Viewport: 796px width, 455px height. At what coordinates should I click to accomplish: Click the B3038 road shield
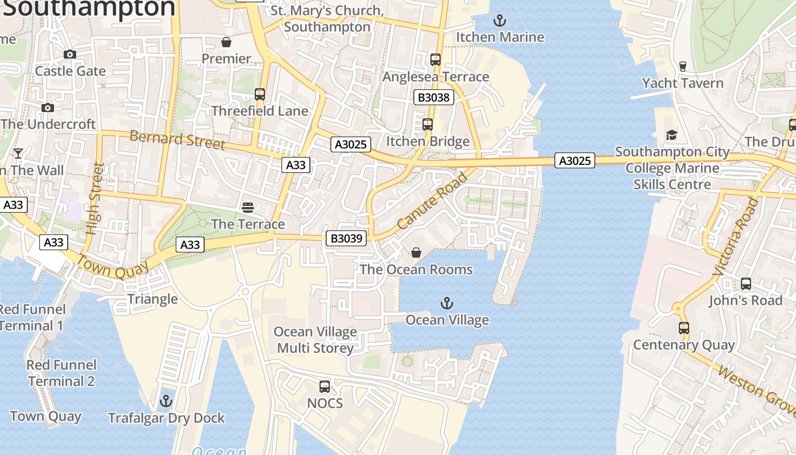click(x=433, y=97)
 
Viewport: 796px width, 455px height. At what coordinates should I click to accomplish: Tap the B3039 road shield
click(x=346, y=238)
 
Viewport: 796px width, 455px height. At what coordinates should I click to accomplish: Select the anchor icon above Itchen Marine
click(x=499, y=21)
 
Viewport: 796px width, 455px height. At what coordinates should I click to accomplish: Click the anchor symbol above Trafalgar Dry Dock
click(x=165, y=401)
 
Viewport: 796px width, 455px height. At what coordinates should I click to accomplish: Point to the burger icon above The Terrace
click(x=247, y=207)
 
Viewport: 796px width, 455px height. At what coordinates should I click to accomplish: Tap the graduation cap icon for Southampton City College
click(x=671, y=135)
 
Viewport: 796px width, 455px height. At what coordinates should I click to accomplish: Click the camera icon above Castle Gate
click(x=70, y=54)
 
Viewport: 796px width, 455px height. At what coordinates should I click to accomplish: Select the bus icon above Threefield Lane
click(x=260, y=94)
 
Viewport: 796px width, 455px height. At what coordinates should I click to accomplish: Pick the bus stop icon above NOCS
click(x=324, y=387)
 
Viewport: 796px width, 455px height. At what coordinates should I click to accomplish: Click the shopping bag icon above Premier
click(x=226, y=42)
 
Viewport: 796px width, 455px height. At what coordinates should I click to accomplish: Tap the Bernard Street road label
click(x=177, y=139)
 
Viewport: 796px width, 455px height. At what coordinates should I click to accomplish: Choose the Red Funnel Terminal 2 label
click(x=61, y=373)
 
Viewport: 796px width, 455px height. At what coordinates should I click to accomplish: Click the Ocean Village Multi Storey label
click(x=316, y=340)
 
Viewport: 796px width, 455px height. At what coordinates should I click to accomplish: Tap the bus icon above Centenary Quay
click(x=683, y=328)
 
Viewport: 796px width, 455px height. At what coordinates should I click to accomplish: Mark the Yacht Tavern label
click(x=682, y=83)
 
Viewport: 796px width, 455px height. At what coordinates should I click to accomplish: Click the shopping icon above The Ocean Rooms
click(x=416, y=253)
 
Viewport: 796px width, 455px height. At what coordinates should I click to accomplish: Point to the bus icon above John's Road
click(x=745, y=283)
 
